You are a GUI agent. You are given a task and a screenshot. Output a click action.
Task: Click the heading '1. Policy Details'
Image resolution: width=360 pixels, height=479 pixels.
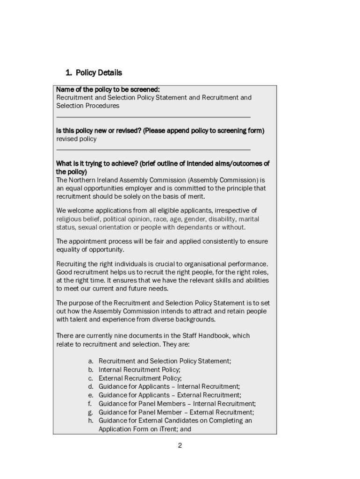[94, 73]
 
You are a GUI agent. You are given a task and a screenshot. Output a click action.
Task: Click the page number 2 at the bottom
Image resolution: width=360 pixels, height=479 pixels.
[180, 445]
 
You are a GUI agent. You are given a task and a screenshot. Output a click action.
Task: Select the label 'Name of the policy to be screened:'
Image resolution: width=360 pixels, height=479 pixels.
[108, 89]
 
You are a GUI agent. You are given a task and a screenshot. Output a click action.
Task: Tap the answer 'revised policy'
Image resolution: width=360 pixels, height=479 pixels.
[76, 139]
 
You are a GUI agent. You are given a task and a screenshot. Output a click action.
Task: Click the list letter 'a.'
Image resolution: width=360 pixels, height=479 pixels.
[91, 361]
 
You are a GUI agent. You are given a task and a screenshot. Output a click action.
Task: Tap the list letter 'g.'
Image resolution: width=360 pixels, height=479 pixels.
[91, 412]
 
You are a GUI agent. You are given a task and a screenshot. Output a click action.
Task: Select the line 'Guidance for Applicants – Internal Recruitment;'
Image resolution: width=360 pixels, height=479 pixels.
[169, 386]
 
